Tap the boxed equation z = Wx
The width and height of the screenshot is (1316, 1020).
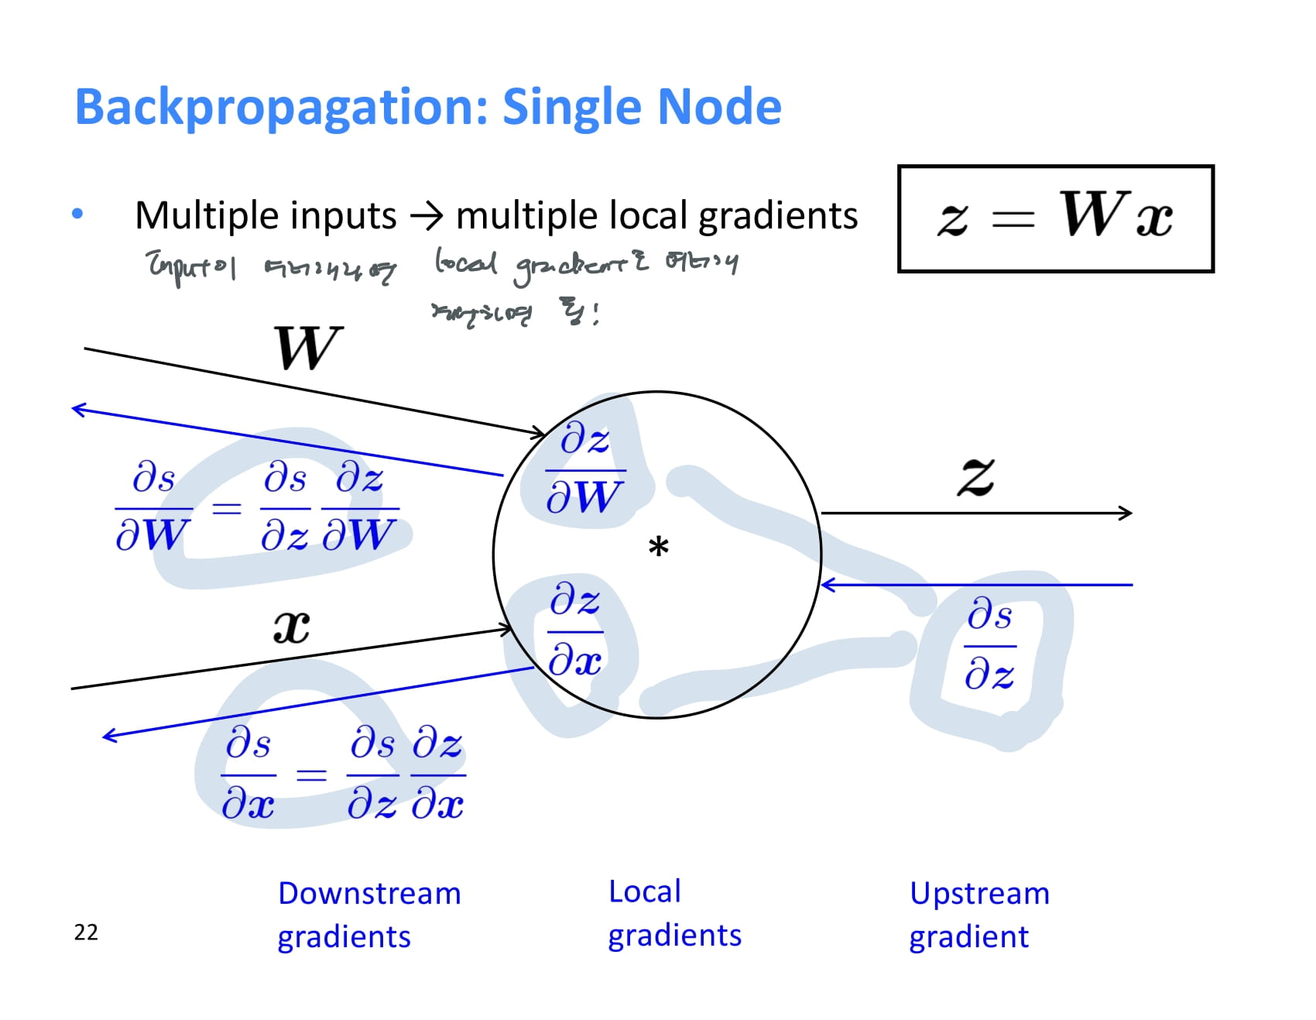click(x=1055, y=218)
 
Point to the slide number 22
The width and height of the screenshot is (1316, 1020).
click(x=86, y=932)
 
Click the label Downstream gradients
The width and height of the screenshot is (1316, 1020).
click(x=368, y=915)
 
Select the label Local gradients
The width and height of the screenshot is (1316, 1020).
click(x=674, y=913)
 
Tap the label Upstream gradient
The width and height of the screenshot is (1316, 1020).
click(x=978, y=915)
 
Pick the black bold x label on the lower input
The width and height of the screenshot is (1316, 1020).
click(x=291, y=627)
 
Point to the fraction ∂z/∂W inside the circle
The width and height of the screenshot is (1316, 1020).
click(x=584, y=469)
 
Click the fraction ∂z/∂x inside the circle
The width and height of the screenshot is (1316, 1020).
click(x=574, y=630)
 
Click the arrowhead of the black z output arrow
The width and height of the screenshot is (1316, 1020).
click(x=1126, y=513)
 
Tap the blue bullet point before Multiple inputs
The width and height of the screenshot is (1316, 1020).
click(x=77, y=215)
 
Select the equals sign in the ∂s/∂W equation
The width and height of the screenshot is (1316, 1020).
click(x=227, y=508)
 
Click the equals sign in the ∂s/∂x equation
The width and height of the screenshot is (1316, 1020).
click(x=311, y=774)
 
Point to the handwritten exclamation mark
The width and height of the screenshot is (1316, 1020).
click(x=595, y=314)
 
